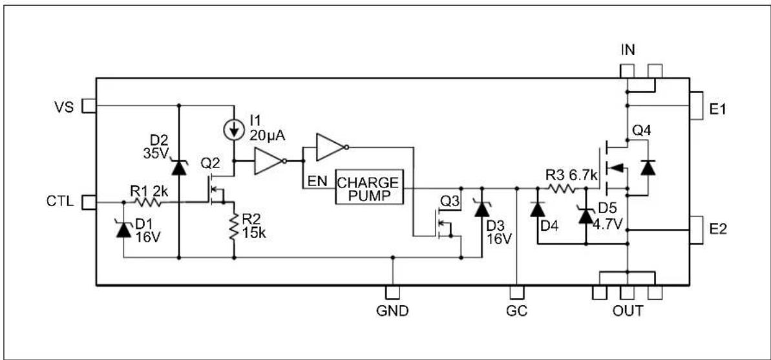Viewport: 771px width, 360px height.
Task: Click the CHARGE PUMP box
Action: pyautogui.click(x=370, y=187)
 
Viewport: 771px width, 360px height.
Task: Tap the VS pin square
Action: pyautogui.click(x=89, y=106)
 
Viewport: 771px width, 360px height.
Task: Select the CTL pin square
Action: pyautogui.click(x=89, y=202)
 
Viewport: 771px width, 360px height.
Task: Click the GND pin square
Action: pyautogui.click(x=392, y=292)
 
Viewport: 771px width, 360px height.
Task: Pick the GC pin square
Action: pyautogui.click(x=517, y=292)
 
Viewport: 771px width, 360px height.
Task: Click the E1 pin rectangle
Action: pyautogui.click(x=696, y=105)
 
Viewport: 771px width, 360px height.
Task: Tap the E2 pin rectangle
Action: pyautogui.click(x=696, y=230)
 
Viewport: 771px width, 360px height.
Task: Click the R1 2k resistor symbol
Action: pyautogui.click(x=147, y=202)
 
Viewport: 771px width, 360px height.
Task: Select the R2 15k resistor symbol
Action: pyautogui.click(x=233, y=226)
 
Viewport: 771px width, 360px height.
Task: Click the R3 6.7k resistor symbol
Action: pyautogui.click(x=560, y=188)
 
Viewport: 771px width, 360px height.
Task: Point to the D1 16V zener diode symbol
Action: pyautogui.click(x=123, y=229)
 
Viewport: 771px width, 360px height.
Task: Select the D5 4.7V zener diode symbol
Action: pyautogui.click(x=586, y=215)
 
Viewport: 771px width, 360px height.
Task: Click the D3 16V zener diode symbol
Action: pyautogui.click(x=481, y=209)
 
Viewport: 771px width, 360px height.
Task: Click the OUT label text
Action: pyautogui.click(x=628, y=311)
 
